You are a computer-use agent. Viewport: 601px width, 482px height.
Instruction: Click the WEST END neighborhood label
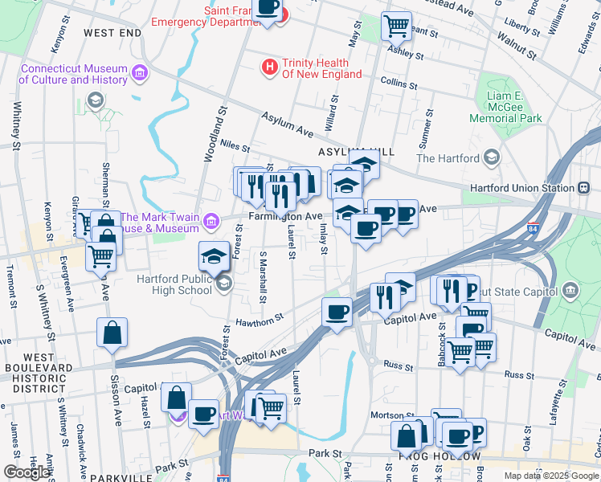(112, 33)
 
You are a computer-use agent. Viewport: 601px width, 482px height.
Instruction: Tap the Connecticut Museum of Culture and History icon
(141, 74)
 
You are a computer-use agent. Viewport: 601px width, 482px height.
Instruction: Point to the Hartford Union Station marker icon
(583, 188)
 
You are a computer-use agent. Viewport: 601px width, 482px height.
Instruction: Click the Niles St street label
(235, 147)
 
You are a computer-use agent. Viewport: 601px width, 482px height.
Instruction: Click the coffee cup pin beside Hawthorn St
(336, 312)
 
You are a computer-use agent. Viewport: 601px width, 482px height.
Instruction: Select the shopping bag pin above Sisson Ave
(112, 333)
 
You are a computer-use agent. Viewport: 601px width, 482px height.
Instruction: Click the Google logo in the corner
(27, 472)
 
